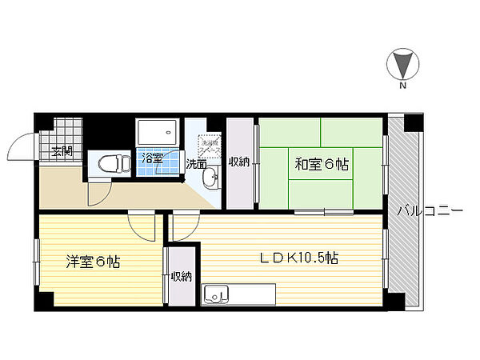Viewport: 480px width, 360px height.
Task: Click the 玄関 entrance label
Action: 62,151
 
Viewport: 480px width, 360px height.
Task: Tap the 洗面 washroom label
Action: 196,164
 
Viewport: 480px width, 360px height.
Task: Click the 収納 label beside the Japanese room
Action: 239,162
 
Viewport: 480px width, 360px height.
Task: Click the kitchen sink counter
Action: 238,294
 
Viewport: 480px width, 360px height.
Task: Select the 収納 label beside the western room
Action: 181,277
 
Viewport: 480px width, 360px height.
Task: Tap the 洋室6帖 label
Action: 93,261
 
